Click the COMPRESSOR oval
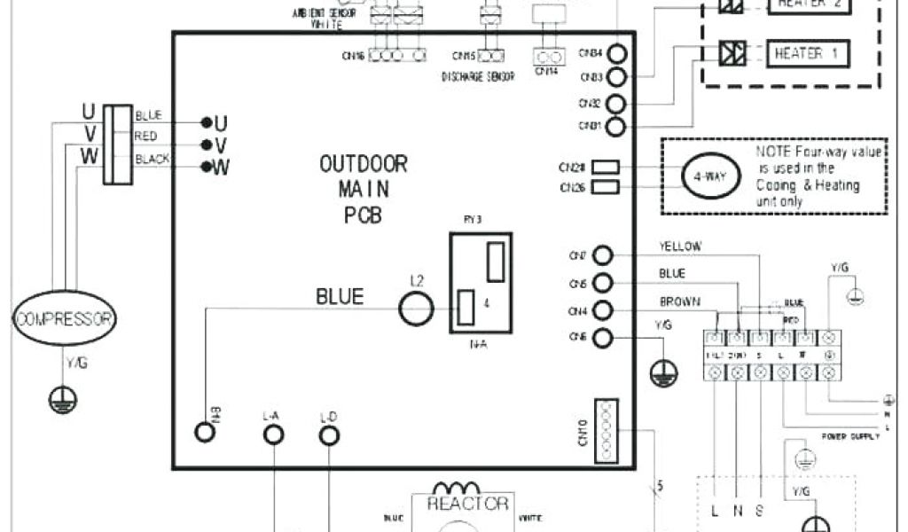tap(66, 318)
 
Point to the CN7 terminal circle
tap(603, 256)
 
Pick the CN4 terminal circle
tap(603, 310)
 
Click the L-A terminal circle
tap(275, 434)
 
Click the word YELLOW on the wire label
tap(681, 246)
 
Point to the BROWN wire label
tap(679, 301)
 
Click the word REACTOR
tap(467, 504)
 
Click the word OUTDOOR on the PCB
tap(364, 164)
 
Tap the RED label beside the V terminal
tap(145, 137)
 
